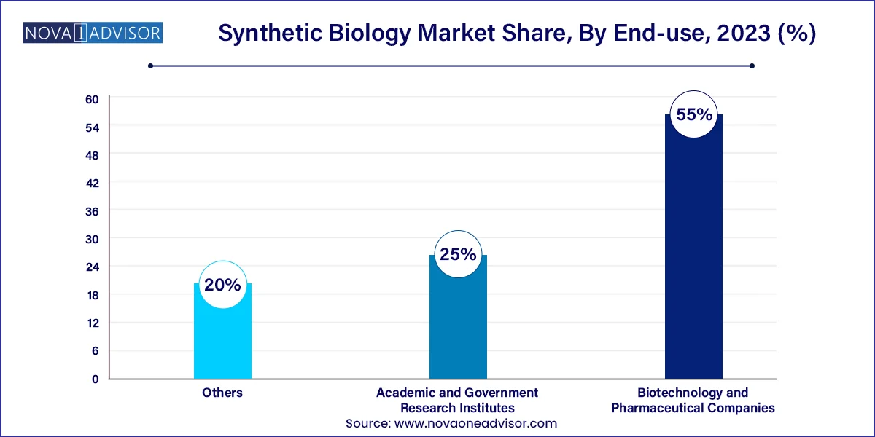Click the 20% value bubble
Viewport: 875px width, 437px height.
click(x=222, y=285)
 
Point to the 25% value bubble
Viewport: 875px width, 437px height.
click(x=458, y=255)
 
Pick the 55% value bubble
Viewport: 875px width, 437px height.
click(x=693, y=114)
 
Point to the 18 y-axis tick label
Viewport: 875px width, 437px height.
click(x=94, y=295)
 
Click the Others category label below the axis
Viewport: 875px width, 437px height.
click(x=222, y=393)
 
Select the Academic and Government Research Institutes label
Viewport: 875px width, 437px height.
click(x=457, y=400)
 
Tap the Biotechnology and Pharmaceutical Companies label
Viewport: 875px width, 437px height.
click(x=693, y=400)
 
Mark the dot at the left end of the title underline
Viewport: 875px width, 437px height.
click(x=150, y=66)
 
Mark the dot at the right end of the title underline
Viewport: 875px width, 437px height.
click(x=752, y=66)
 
